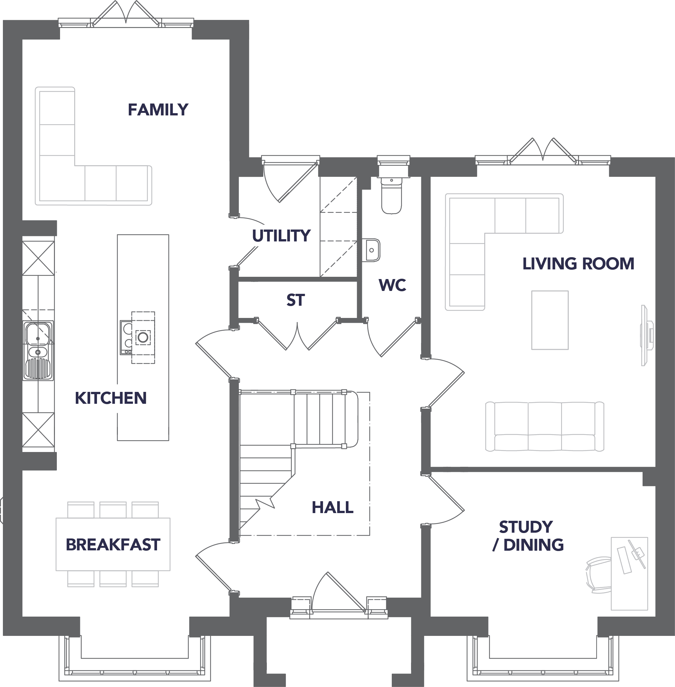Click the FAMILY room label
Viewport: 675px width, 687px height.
coord(158,110)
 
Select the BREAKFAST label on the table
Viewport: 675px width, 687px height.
coord(113,545)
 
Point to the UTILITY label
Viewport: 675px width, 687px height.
coord(282,236)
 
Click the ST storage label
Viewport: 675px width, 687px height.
coord(296,300)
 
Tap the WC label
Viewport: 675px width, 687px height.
coord(392,285)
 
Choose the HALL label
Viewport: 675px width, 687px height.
coord(333,507)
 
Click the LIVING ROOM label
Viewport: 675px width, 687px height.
coord(578,264)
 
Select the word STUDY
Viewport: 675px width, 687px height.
coord(526,527)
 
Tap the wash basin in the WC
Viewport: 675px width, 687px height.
coord(371,250)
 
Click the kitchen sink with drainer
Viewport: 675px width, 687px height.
coord(38,351)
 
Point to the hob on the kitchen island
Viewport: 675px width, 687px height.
coord(137,338)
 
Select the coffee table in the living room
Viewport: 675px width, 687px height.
coord(550,320)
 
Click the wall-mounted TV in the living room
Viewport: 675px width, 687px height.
coord(646,335)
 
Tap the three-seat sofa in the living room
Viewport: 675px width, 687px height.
coord(545,427)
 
